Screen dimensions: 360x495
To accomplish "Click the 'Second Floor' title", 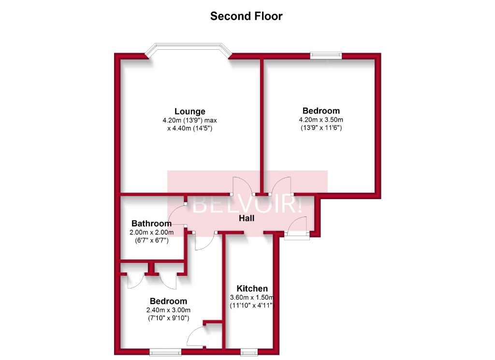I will [246, 16].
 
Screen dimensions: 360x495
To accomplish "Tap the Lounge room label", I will [190, 112].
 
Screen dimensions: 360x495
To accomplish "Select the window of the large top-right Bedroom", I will [325, 56].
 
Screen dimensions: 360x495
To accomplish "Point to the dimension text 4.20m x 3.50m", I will [321, 120].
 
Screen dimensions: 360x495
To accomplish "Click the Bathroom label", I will [151, 224].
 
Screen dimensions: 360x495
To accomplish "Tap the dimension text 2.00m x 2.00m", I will [151, 232].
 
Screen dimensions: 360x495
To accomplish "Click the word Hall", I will [247, 218].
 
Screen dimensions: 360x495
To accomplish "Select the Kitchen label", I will [252, 288].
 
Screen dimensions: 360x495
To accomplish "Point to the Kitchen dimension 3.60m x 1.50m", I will [252, 297].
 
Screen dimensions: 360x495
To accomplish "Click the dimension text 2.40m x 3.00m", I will [168, 310].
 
